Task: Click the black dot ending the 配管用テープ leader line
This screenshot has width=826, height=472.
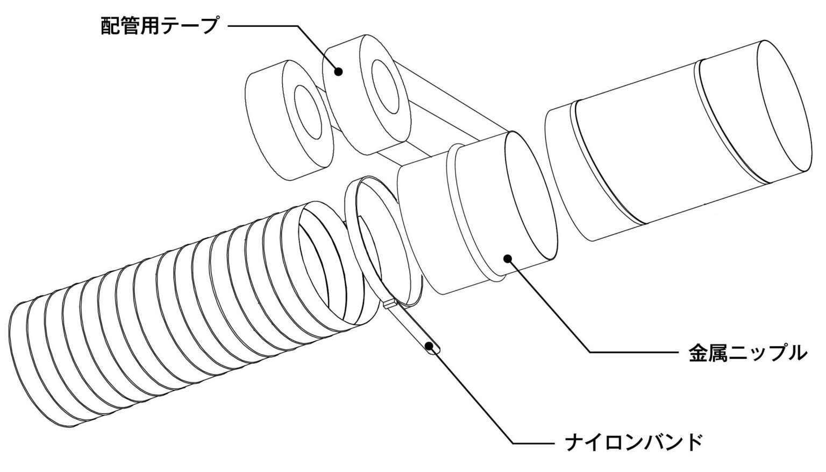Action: click(x=338, y=71)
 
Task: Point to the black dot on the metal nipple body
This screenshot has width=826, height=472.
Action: click(x=508, y=258)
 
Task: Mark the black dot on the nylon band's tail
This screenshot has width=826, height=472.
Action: click(x=429, y=346)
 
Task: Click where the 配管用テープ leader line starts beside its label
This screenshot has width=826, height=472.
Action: click(x=229, y=26)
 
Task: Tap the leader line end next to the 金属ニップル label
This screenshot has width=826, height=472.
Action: click(x=679, y=353)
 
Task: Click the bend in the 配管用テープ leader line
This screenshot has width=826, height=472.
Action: click(x=297, y=26)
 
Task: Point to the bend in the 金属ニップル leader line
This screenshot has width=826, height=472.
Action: click(x=589, y=353)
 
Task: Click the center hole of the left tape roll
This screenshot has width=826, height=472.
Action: click(x=308, y=112)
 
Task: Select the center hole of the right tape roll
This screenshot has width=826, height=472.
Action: click(x=386, y=86)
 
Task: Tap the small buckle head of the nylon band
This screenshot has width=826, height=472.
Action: click(x=390, y=304)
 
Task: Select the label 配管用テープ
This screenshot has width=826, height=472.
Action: click(x=159, y=25)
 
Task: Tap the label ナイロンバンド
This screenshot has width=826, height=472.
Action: click(x=633, y=442)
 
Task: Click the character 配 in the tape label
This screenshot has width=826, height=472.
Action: click(x=110, y=25)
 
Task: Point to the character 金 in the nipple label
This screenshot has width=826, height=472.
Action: click(x=699, y=353)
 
